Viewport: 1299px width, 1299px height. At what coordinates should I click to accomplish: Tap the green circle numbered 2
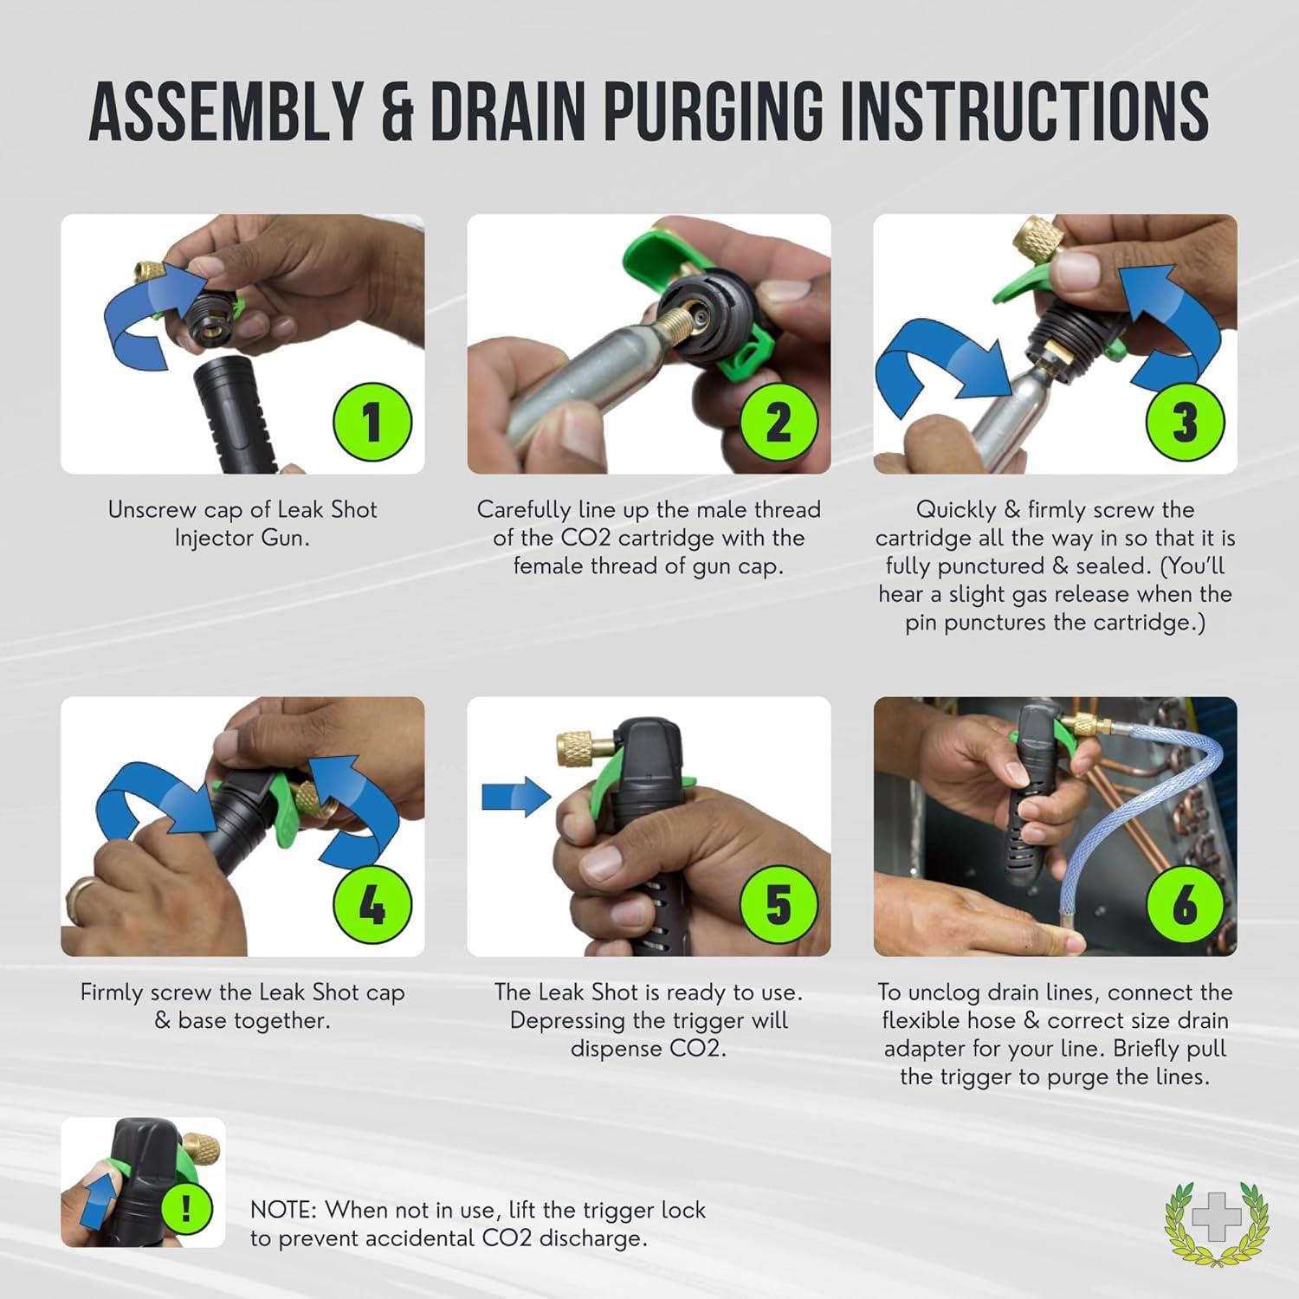779,422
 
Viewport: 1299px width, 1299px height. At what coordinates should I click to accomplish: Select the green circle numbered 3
1185,422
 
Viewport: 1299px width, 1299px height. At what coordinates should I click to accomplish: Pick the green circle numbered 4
372,905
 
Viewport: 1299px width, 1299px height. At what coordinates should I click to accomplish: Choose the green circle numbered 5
779,905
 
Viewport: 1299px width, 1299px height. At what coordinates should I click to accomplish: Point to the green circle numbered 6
1185,905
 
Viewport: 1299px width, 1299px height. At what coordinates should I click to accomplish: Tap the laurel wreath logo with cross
1217,1220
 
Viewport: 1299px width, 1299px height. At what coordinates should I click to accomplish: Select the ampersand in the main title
397,113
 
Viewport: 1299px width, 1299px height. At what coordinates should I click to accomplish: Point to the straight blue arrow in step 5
516,795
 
